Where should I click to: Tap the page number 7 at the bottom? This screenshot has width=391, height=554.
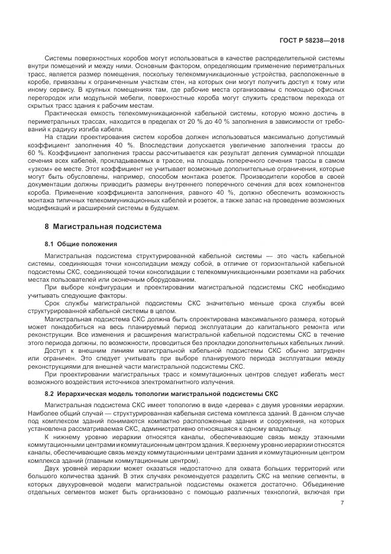(x=342, y=503)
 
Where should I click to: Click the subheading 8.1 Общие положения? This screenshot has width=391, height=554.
(x=80, y=244)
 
